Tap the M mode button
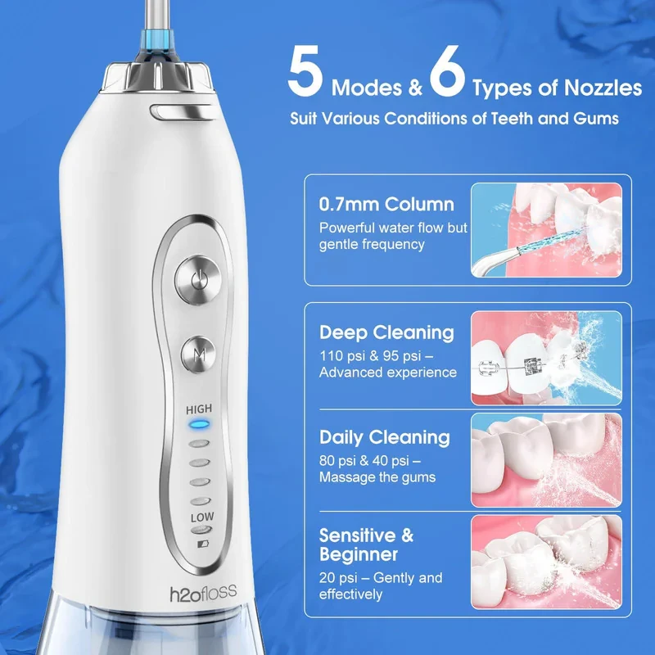tap(199, 355)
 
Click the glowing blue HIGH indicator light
tap(199, 425)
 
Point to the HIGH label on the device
tap(199, 409)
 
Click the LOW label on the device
tap(202, 517)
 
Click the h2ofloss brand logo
tap(203, 593)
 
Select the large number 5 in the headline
tap(305, 71)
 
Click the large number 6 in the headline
tap(447, 71)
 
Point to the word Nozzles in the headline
tap(603, 88)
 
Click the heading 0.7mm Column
tap(386, 204)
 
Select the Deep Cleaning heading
tap(386, 332)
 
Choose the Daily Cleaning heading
tap(385, 437)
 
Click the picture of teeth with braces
tap(546, 358)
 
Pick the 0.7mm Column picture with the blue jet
tap(546, 230)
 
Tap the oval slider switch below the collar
tap(183, 113)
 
